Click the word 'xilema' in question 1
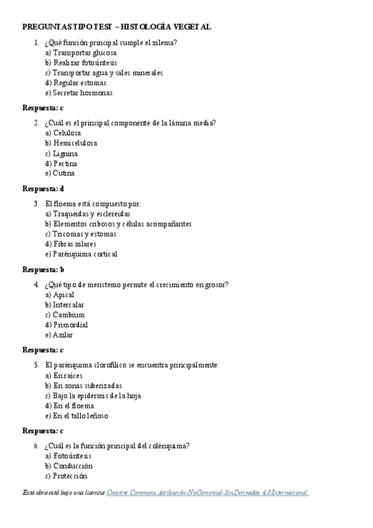pos(164,42)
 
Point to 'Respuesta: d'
pos(43,189)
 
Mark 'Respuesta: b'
pos(43,270)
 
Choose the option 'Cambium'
pos(68,315)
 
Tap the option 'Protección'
pos(70,476)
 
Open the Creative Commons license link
pos(207,493)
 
